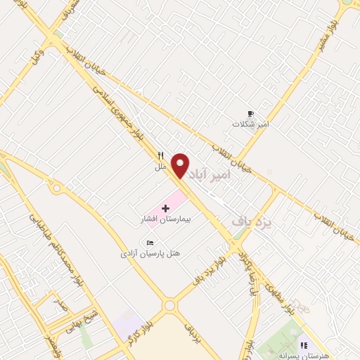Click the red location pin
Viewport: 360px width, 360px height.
(181, 165)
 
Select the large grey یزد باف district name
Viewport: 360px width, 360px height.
(251, 222)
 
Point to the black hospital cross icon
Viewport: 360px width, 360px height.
(165, 209)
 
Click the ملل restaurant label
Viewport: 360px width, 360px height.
(160, 167)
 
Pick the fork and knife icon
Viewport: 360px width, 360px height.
(160, 156)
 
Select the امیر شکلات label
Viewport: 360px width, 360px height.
(252, 124)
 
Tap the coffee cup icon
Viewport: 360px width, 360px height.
(250, 113)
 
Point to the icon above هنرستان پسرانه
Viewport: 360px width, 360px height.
(304, 345)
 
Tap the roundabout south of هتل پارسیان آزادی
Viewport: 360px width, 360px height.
(169, 306)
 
